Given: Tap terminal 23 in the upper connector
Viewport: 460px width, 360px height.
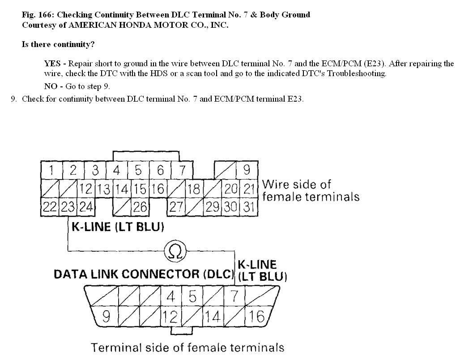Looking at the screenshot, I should tap(67, 207).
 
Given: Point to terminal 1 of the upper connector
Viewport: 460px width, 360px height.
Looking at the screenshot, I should tap(52, 171).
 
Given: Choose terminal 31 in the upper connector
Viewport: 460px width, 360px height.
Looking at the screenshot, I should tap(249, 207).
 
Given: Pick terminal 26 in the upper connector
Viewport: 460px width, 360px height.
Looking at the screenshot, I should tap(140, 207).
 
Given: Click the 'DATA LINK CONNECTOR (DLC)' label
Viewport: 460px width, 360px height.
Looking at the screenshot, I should tap(144, 274).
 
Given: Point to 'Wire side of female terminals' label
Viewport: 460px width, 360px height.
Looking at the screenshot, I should tap(311, 190).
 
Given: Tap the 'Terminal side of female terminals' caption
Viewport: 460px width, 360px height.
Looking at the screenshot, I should tap(187, 347).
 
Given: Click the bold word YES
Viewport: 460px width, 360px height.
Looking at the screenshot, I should tap(52, 64).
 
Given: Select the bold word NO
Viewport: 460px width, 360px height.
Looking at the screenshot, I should tap(51, 86).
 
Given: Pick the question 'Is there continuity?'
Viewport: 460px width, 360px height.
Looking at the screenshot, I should tap(58, 44).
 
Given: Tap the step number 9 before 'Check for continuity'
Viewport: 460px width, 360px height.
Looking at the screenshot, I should tap(13, 99).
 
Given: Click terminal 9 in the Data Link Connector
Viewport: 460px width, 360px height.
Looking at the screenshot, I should tap(106, 317).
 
